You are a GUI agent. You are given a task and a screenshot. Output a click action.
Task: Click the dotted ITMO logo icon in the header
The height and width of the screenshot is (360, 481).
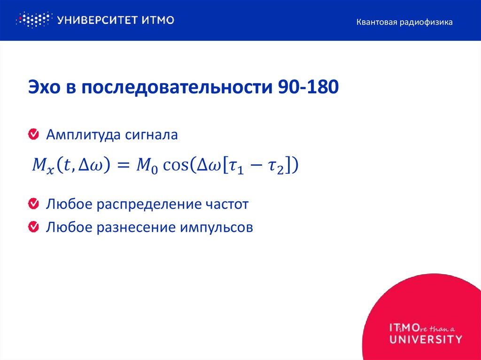pyautogui.click(x=33, y=20)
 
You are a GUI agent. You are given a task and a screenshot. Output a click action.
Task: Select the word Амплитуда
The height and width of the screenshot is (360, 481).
pyautogui.click(x=83, y=135)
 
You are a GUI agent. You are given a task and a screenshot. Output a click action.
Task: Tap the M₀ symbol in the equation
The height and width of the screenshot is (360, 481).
pyautogui.click(x=144, y=166)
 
